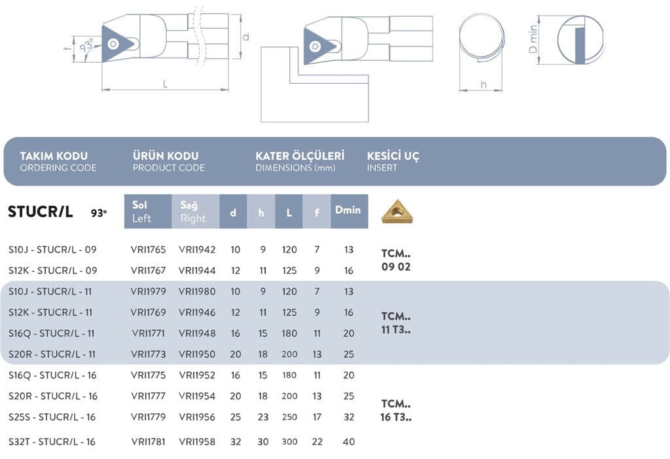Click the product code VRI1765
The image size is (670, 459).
148,249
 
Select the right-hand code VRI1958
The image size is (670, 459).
197,441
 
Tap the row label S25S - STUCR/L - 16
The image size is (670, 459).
52,417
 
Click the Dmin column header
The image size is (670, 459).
347,210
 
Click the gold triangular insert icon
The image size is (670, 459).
397,212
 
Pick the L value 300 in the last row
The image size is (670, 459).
289,441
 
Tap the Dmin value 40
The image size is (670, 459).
349,441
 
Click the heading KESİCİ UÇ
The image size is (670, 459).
393,156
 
